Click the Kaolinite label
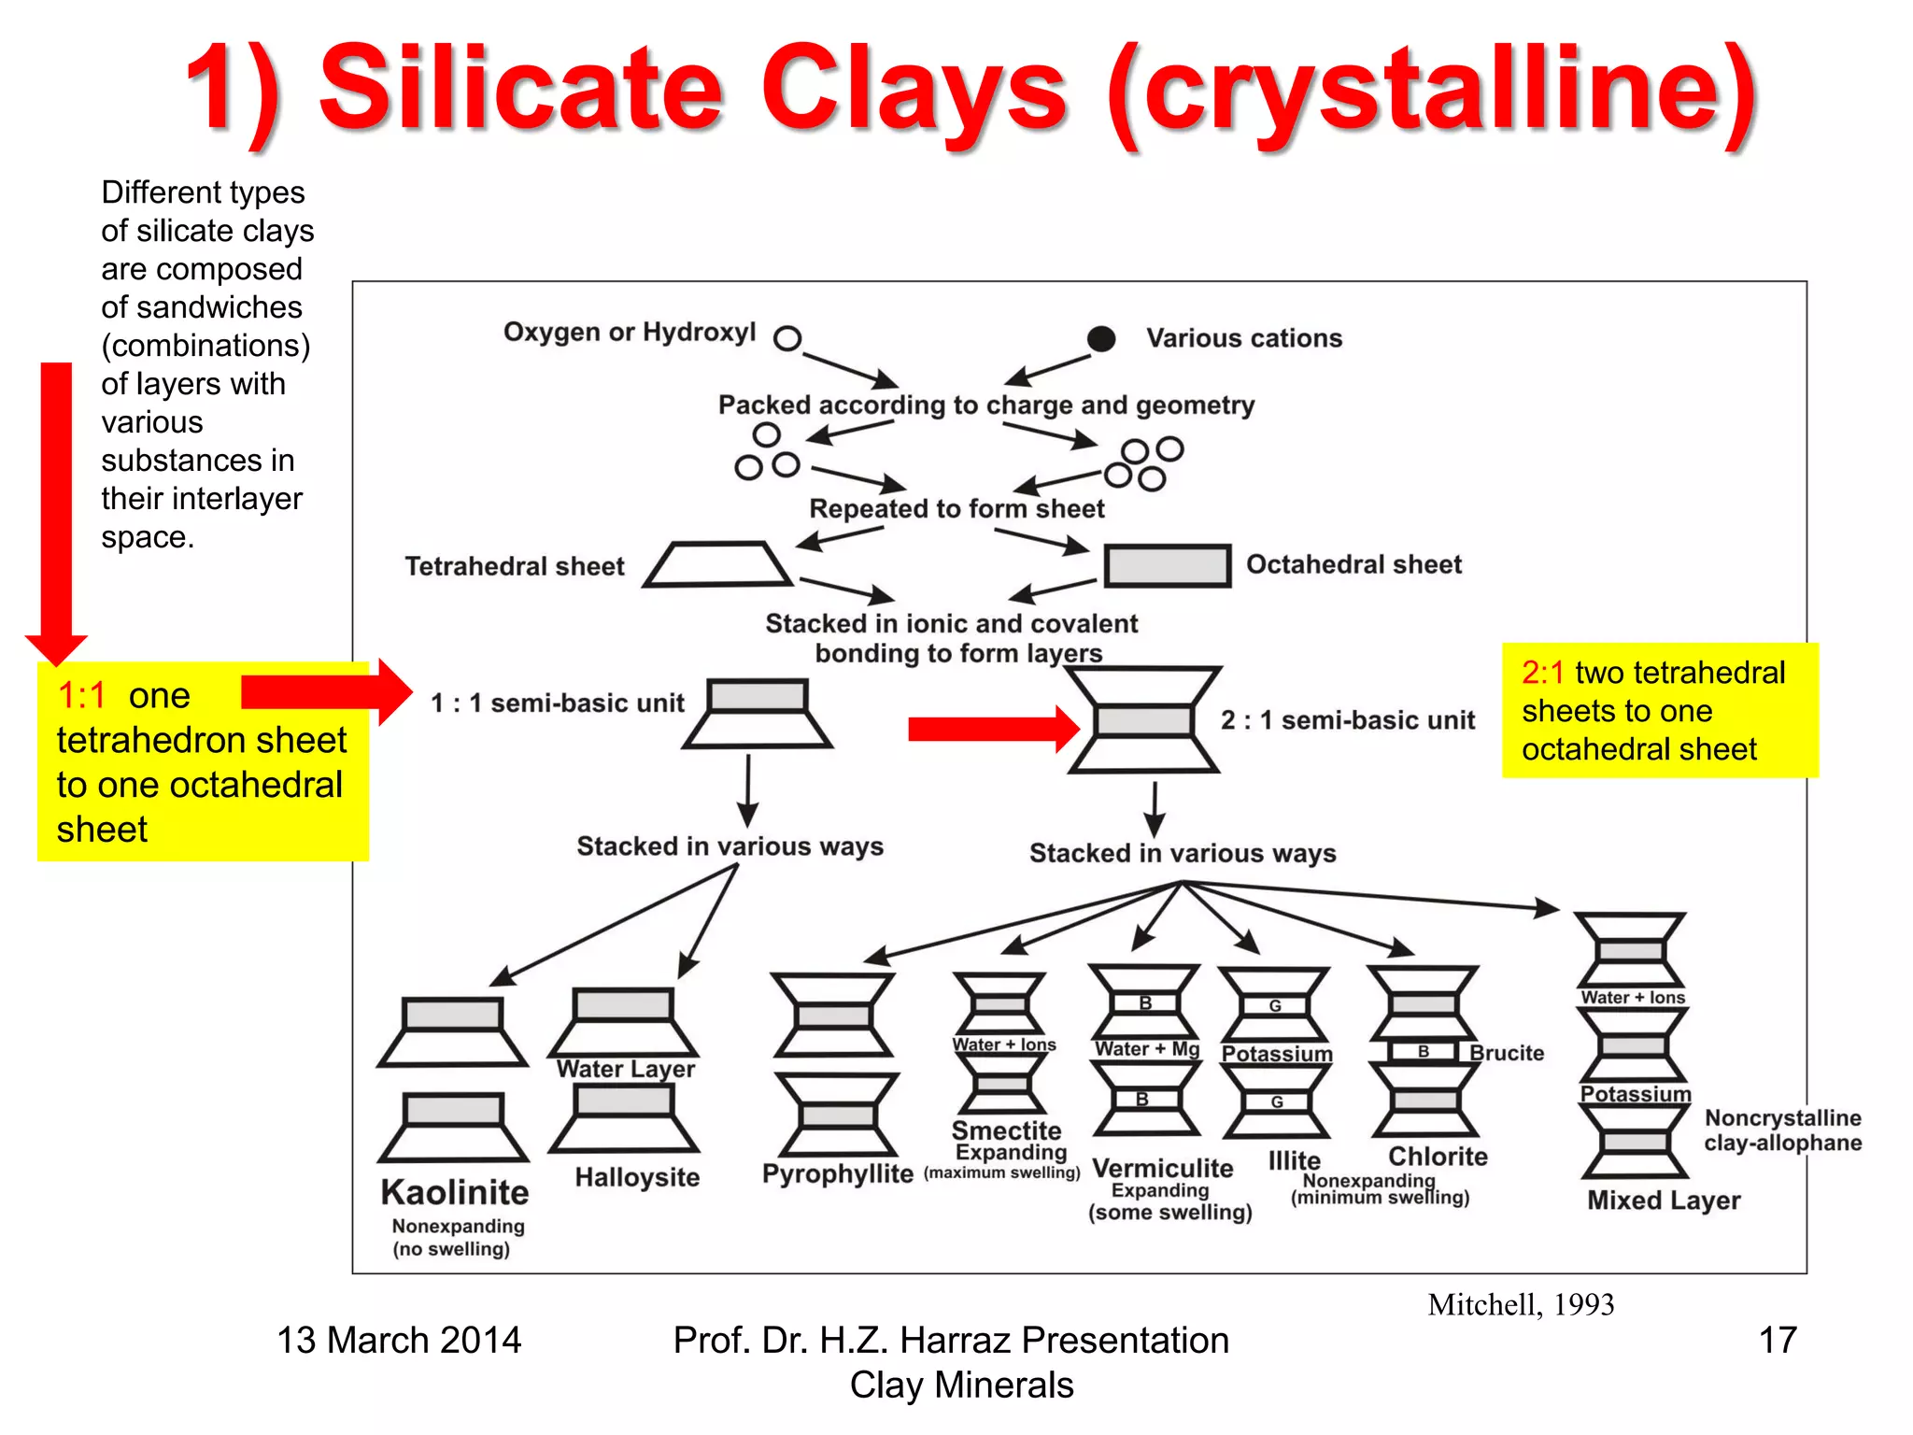(x=455, y=1193)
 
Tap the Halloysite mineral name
(x=637, y=1177)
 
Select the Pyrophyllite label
(x=837, y=1174)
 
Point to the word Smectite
(x=1006, y=1130)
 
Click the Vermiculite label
(x=1162, y=1169)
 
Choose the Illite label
(x=1294, y=1161)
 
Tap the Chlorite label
(x=1438, y=1157)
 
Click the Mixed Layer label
(x=1664, y=1201)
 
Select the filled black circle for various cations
(x=1101, y=338)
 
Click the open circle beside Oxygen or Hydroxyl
(x=787, y=338)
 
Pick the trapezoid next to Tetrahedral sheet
(x=717, y=564)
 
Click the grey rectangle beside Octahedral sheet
(x=1167, y=566)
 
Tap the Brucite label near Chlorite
(x=1506, y=1053)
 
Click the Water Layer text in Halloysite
(x=625, y=1069)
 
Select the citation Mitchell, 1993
(x=1520, y=1305)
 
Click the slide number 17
(x=1777, y=1341)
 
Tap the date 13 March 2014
(x=399, y=1341)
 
